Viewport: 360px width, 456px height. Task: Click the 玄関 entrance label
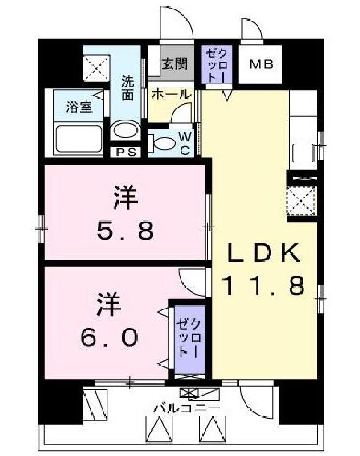point(174,64)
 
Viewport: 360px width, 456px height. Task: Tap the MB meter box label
point(261,64)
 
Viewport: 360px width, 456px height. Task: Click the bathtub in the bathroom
point(79,139)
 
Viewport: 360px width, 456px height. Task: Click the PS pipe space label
point(125,152)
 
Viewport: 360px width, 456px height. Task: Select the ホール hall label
point(171,94)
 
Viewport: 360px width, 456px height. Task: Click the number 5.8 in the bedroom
point(126,231)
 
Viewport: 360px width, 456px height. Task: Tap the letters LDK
point(263,252)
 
